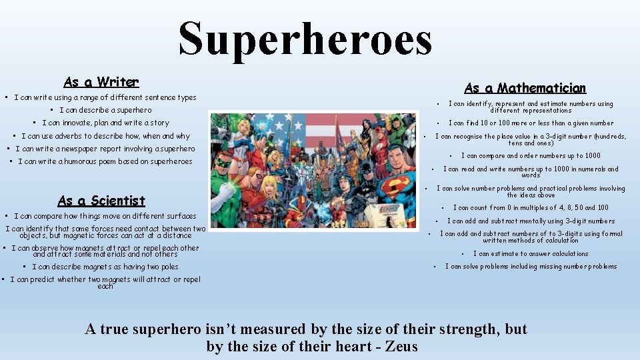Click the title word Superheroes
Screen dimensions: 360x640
point(305,39)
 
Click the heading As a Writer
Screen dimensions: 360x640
point(101,82)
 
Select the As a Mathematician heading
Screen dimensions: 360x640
point(525,88)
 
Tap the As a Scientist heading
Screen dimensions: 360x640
point(101,201)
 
